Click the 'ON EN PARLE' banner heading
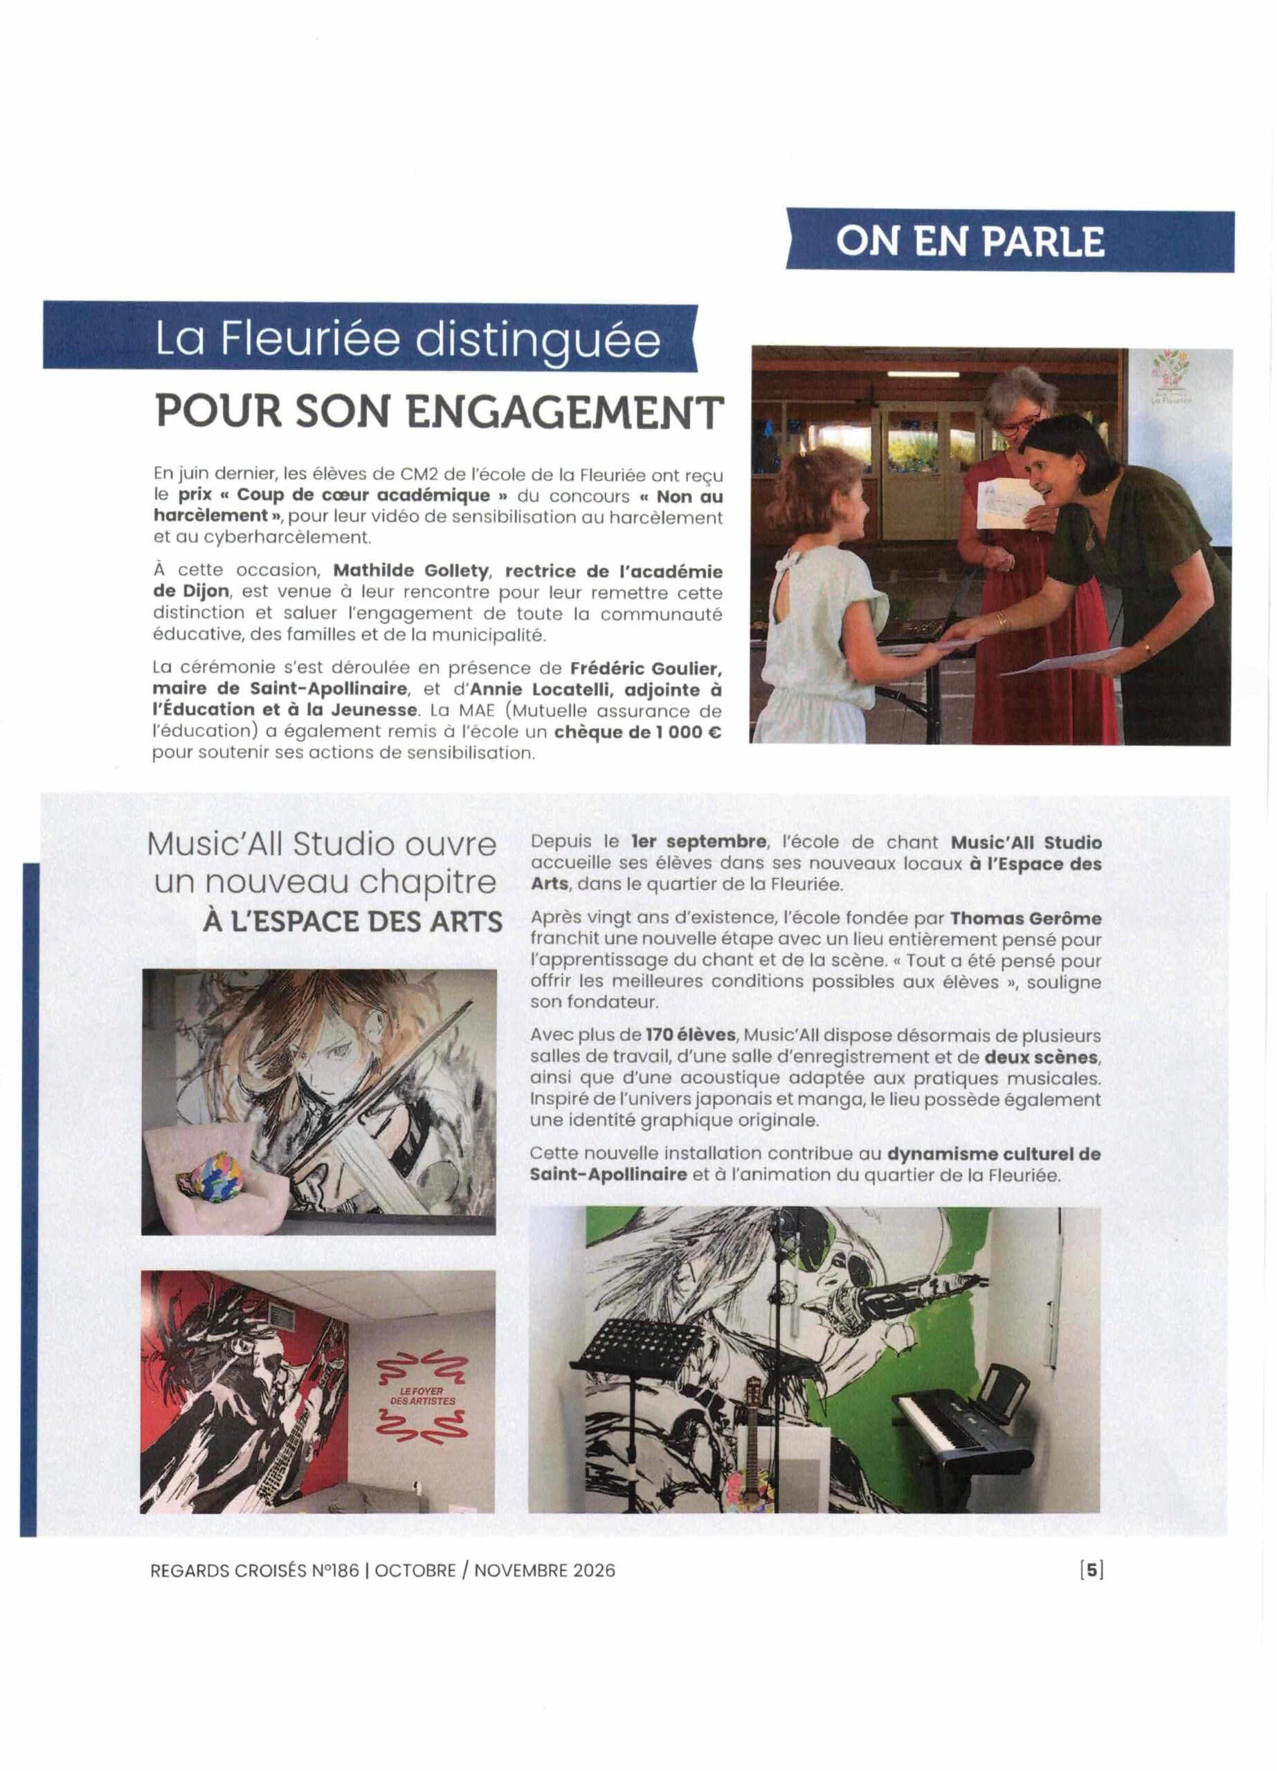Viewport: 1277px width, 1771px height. click(970, 241)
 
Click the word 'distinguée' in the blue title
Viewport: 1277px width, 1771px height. click(537, 340)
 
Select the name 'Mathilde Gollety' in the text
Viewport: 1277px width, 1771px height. click(411, 571)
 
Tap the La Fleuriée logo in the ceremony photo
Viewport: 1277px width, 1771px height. click(1172, 377)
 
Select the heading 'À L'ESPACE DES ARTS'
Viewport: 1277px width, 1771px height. click(352, 921)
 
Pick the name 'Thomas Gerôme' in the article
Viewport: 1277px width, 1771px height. click(1026, 918)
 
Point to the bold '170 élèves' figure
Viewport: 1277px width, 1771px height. click(691, 1036)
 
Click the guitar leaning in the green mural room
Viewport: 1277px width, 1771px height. click(752, 1444)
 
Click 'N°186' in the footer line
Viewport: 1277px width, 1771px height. click(336, 1570)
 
